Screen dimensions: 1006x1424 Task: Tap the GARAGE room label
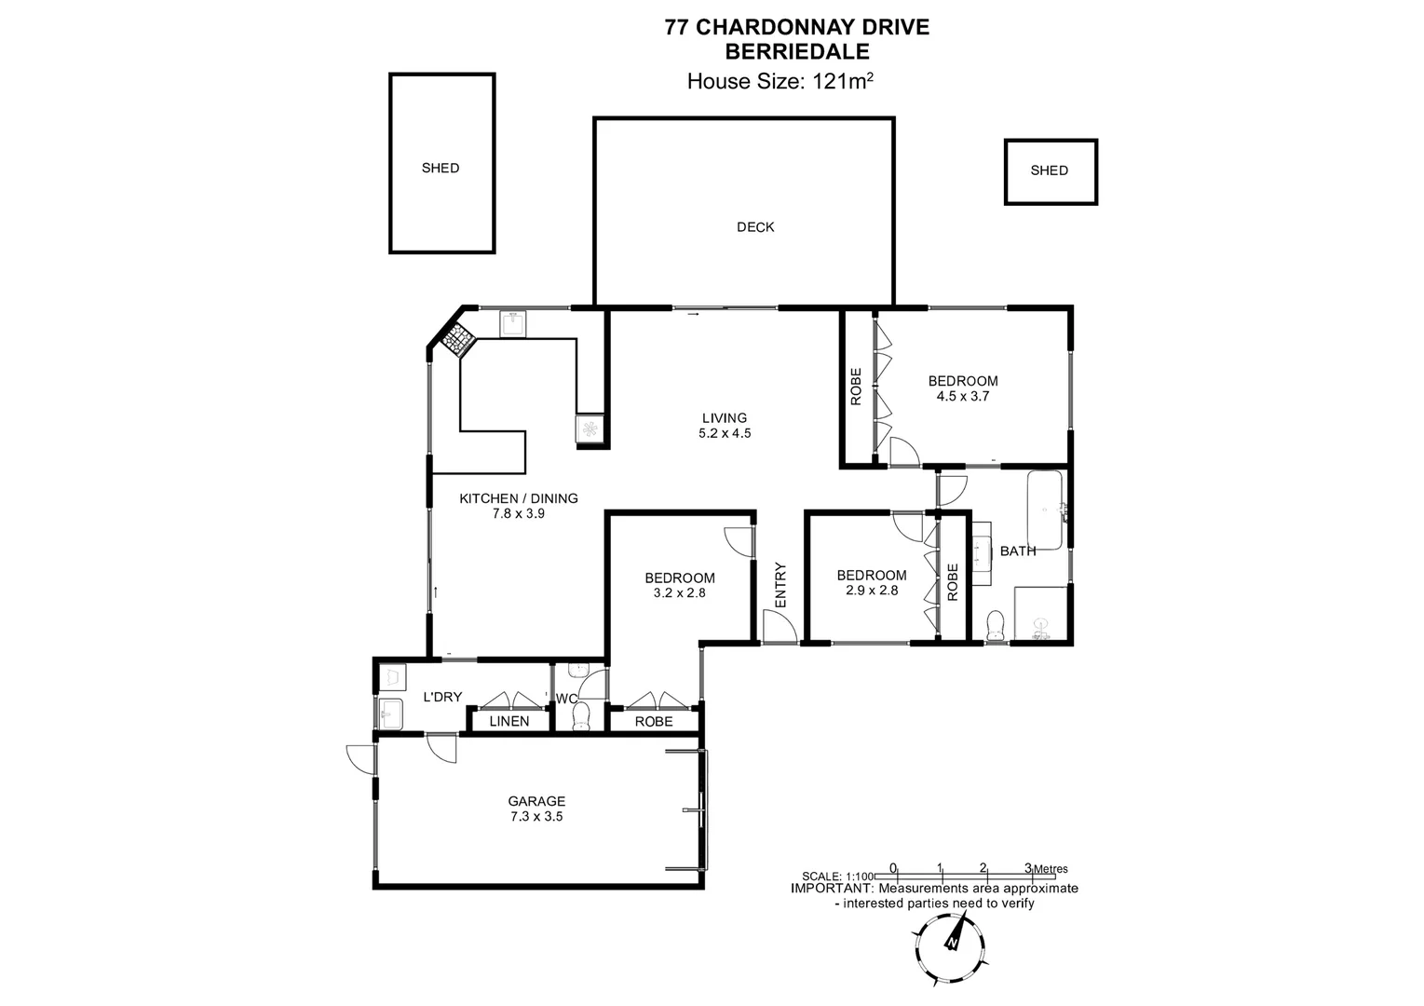[x=536, y=801]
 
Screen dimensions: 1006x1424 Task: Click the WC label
[x=566, y=699]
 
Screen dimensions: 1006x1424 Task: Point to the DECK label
[x=754, y=227]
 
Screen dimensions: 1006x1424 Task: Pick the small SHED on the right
[x=1049, y=170]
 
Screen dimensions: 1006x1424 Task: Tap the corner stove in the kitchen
[x=456, y=340]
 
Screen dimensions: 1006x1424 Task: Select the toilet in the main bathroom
[x=995, y=626]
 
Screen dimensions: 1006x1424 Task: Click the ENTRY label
[x=780, y=585]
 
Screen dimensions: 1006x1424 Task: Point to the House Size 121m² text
[x=780, y=81]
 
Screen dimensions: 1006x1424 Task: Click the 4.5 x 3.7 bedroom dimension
[x=962, y=396]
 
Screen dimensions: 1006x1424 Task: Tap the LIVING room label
[x=724, y=418]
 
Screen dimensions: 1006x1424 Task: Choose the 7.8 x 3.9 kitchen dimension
[x=518, y=513]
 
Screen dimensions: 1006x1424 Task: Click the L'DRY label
[x=442, y=697]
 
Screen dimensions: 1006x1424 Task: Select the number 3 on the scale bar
[x=1027, y=867]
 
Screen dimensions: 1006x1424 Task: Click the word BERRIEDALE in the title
[x=796, y=53]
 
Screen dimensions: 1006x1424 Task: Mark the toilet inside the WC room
[x=581, y=715]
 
